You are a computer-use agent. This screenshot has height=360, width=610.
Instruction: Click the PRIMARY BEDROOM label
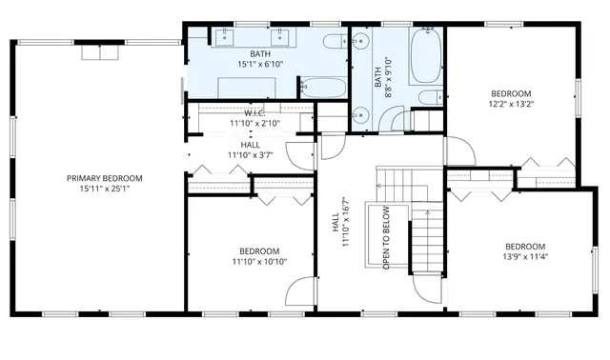click(104, 178)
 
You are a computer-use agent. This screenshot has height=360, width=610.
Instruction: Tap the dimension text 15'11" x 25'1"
click(104, 189)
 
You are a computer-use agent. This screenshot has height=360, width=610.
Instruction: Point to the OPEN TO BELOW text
click(386, 237)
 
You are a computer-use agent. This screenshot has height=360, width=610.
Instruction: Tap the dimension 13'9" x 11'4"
click(525, 256)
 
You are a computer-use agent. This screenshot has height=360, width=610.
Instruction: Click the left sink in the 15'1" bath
click(226, 37)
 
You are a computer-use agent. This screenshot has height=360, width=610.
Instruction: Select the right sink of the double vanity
click(283, 37)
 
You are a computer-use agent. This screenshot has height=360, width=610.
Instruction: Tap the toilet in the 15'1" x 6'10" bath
click(335, 42)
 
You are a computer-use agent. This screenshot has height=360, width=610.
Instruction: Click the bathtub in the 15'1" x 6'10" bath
click(325, 88)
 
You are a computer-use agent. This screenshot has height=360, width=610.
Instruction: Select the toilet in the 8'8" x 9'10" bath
click(429, 96)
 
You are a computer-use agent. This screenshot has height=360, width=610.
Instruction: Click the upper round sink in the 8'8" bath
click(360, 43)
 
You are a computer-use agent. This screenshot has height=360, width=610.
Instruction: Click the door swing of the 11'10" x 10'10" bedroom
click(300, 290)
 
